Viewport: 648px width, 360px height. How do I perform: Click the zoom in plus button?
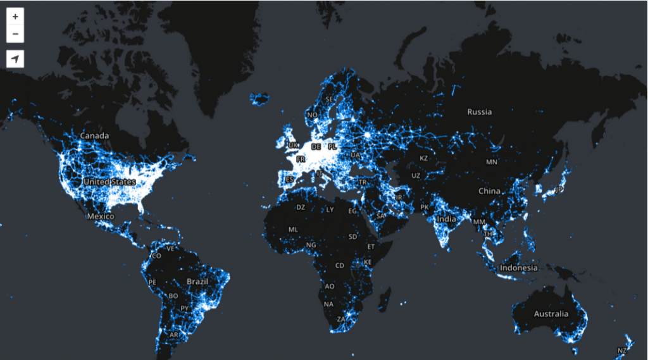point(15,16)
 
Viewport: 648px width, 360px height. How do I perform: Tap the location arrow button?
point(15,59)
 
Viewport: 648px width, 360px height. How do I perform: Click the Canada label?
point(94,135)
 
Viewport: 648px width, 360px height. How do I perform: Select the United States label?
point(109,182)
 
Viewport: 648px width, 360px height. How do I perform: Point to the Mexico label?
point(101,216)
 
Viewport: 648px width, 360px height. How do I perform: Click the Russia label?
point(479,112)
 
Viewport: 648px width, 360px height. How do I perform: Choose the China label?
point(489,191)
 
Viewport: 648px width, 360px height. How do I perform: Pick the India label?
point(446,219)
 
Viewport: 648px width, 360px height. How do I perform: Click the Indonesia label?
point(519,268)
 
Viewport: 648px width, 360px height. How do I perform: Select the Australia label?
point(551,314)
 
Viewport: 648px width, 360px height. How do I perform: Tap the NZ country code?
point(622,350)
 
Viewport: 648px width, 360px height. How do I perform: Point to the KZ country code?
point(424,158)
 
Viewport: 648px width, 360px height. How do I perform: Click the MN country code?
point(492,162)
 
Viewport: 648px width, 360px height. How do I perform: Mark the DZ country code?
point(301,207)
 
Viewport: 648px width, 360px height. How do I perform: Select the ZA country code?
point(341,320)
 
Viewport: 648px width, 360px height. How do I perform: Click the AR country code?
point(174,335)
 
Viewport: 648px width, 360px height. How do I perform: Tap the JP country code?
point(559,189)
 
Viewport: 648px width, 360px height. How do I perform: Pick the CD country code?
point(340,266)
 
